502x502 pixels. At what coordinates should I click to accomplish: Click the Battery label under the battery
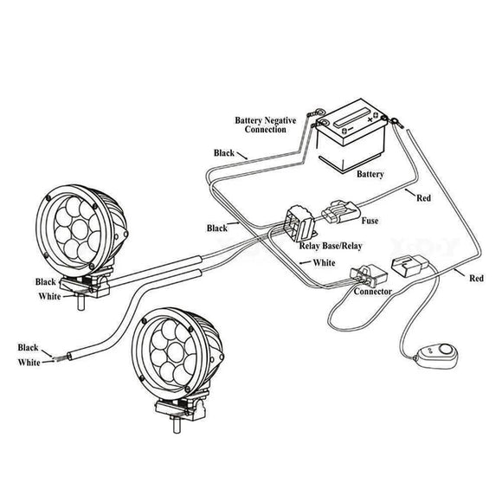click(370, 174)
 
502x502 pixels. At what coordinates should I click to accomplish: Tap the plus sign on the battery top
click(370, 119)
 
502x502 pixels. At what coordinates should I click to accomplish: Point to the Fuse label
click(370, 221)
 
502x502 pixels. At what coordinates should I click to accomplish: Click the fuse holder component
click(341, 213)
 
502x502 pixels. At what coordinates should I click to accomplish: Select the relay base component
click(299, 222)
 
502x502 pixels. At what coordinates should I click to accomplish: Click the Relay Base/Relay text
click(331, 246)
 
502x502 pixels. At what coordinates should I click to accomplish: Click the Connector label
click(373, 292)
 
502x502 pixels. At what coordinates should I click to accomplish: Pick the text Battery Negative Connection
click(266, 125)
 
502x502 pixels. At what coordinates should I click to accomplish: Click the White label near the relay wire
click(325, 262)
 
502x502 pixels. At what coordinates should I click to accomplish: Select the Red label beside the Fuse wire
click(423, 198)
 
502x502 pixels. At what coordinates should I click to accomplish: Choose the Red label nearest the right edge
click(476, 278)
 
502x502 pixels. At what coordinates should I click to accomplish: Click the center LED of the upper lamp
click(80, 229)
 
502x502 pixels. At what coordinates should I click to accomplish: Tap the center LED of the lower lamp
click(175, 352)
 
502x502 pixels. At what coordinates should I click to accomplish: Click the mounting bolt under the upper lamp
click(81, 301)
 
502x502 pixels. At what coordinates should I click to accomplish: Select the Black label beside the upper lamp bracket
click(46, 282)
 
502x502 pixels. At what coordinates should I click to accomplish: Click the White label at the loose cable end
click(29, 363)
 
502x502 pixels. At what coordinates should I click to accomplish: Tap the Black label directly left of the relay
click(217, 228)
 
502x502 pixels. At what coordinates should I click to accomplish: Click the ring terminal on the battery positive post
click(394, 121)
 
